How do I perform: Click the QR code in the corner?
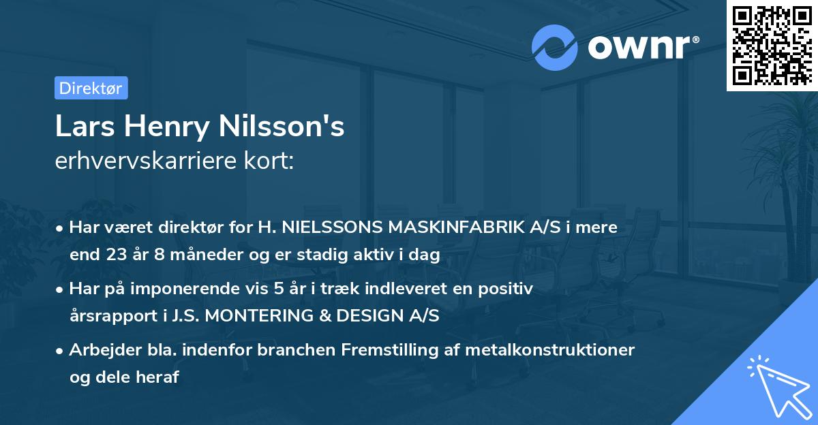pos(772,46)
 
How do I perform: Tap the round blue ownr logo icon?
pos(555,47)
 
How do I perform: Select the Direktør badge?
pos(91,88)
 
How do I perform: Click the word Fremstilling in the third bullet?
pos(389,350)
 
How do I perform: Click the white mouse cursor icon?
pos(777,386)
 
